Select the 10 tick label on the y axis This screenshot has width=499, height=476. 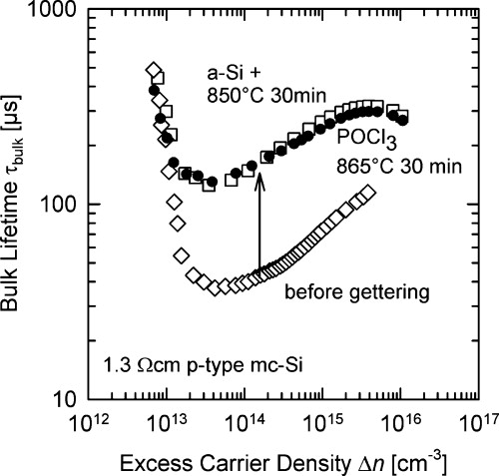click(x=61, y=398)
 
